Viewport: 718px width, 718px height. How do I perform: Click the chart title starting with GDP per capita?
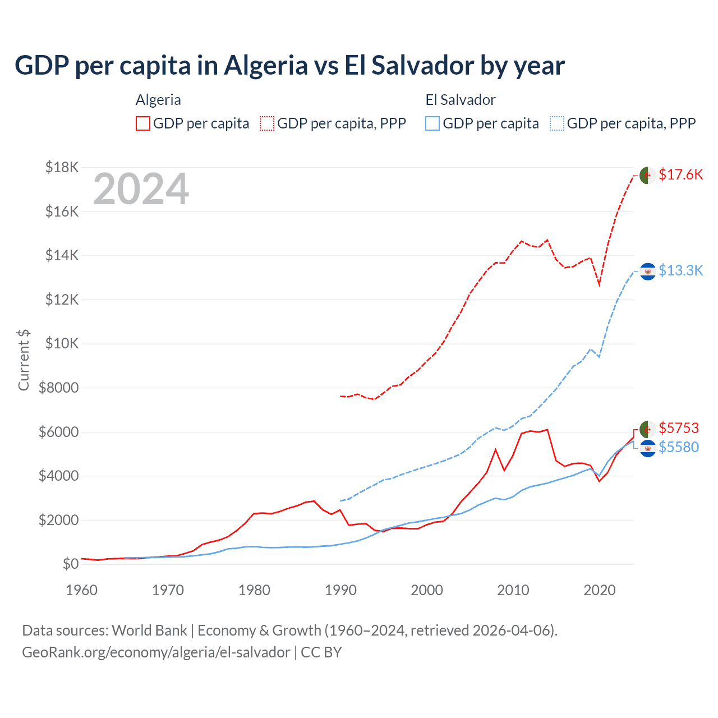[x=289, y=66]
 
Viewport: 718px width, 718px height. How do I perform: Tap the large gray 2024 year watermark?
[x=141, y=190]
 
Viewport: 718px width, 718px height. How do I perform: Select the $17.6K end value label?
[x=680, y=175]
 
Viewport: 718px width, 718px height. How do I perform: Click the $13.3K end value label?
[x=680, y=271]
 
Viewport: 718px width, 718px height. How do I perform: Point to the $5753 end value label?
[x=679, y=429]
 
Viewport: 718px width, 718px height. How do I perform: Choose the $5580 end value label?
[x=679, y=448]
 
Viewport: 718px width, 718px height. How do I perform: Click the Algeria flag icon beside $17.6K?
[x=647, y=176]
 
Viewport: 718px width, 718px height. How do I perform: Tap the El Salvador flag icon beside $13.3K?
[x=647, y=271]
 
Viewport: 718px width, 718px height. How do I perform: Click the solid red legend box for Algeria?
[x=143, y=123]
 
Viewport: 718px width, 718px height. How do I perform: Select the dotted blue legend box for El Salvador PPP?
[x=557, y=123]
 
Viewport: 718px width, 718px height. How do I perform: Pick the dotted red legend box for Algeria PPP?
[x=267, y=123]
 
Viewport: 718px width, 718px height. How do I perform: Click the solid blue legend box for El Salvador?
[x=432, y=123]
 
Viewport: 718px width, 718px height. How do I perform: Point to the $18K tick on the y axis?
[x=62, y=168]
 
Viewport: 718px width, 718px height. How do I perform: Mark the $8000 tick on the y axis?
[x=58, y=388]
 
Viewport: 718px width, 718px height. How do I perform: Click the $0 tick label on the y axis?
[x=70, y=564]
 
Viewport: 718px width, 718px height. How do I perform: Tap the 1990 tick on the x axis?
[x=340, y=590]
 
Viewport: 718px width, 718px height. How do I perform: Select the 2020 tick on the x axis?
[x=600, y=590]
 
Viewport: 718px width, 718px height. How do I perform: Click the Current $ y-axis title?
[x=24, y=360]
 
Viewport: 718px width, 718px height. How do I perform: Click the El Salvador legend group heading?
[x=461, y=100]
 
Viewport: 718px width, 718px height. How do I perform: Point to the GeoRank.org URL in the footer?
[x=156, y=652]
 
